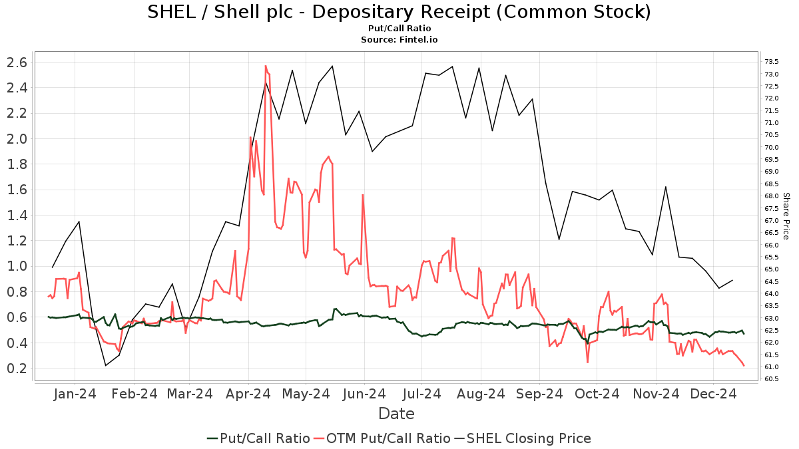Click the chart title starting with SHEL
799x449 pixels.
tap(399, 12)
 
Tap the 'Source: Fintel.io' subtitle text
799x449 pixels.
tap(399, 40)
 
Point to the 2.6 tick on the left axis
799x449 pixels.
tap(17, 63)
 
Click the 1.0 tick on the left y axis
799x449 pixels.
tap(17, 266)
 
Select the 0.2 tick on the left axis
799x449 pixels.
tap(17, 369)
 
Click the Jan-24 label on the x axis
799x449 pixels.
tap(75, 394)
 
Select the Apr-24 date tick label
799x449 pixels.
tap(248, 394)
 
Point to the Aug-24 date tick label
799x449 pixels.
tap(479, 394)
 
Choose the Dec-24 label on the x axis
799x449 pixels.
tap(712, 394)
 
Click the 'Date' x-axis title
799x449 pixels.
tap(396, 414)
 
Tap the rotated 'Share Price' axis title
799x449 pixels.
tap(786, 216)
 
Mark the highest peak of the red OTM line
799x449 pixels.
tap(266, 66)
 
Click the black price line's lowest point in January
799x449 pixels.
tap(105, 365)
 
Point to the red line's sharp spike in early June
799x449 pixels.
tap(363, 195)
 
